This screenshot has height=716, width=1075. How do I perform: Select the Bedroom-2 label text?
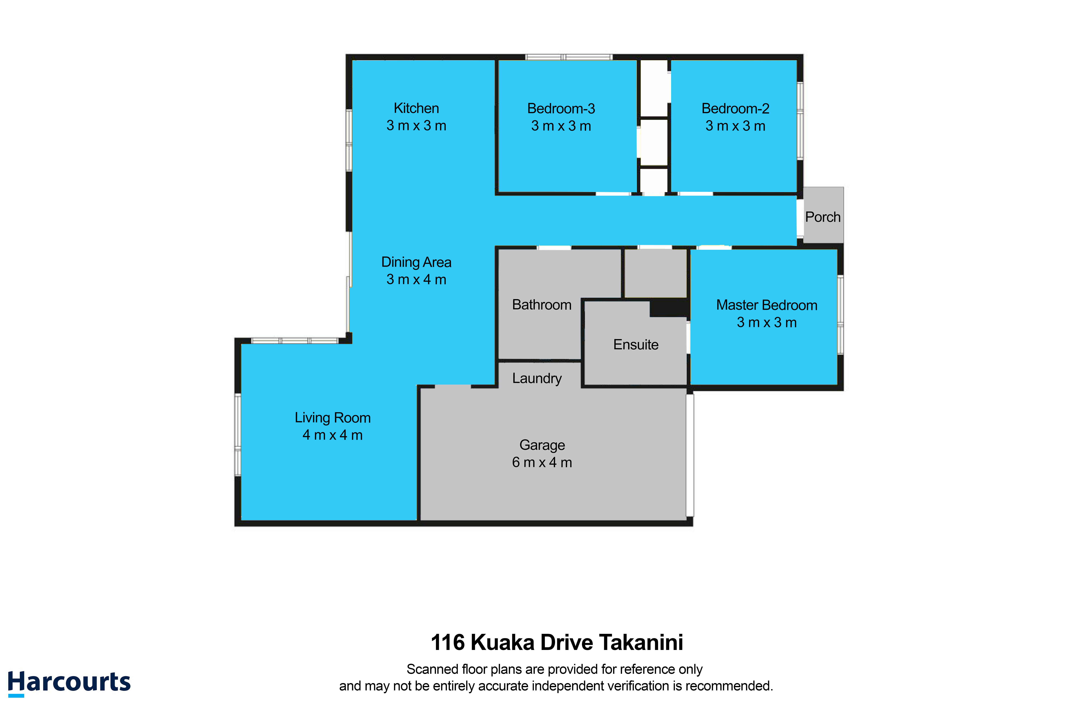click(x=735, y=109)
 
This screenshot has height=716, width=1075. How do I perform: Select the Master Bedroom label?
click(x=766, y=305)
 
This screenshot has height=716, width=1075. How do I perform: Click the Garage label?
click(x=542, y=445)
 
